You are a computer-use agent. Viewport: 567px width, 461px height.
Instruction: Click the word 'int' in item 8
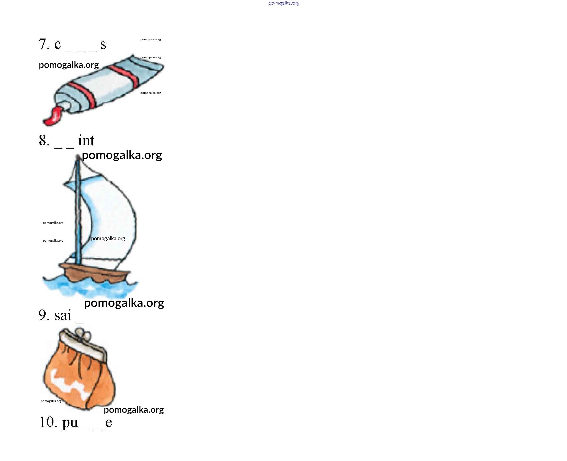tap(86, 140)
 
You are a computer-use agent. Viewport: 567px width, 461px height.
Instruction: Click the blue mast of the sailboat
tap(78, 210)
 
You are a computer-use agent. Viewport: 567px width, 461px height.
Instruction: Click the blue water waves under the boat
tap(90, 287)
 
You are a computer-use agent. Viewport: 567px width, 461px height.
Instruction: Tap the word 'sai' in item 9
tap(63, 315)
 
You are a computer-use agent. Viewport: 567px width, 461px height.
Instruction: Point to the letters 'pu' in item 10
tap(70, 423)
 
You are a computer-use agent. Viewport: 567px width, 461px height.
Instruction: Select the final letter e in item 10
tap(108, 423)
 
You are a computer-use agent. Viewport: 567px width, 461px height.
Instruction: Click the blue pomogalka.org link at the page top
tap(283, 3)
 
